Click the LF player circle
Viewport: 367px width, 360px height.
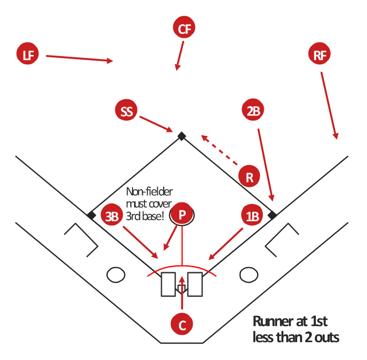coord(28,55)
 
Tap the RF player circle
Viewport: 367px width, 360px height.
coord(319,55)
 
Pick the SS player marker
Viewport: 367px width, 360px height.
coord(127,111)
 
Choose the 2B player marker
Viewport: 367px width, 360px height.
coord(253,111)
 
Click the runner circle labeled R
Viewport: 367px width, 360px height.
coord(249,177)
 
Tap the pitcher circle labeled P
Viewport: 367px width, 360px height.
coord(182,215)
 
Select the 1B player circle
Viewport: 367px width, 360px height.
coord(252,216)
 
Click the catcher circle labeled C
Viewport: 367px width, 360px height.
coord(182,324)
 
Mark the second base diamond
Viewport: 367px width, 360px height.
coord(181,136)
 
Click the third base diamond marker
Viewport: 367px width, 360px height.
coord(91,215)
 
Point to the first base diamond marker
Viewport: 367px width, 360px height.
coord(272,215)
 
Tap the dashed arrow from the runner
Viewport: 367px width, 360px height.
coord(220,150)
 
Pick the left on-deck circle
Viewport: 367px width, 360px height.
coord(116,275)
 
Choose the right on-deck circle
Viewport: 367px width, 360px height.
coord(248,275)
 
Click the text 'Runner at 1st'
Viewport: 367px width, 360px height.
coord(290,321)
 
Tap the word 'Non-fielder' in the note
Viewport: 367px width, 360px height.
coord(150,192)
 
